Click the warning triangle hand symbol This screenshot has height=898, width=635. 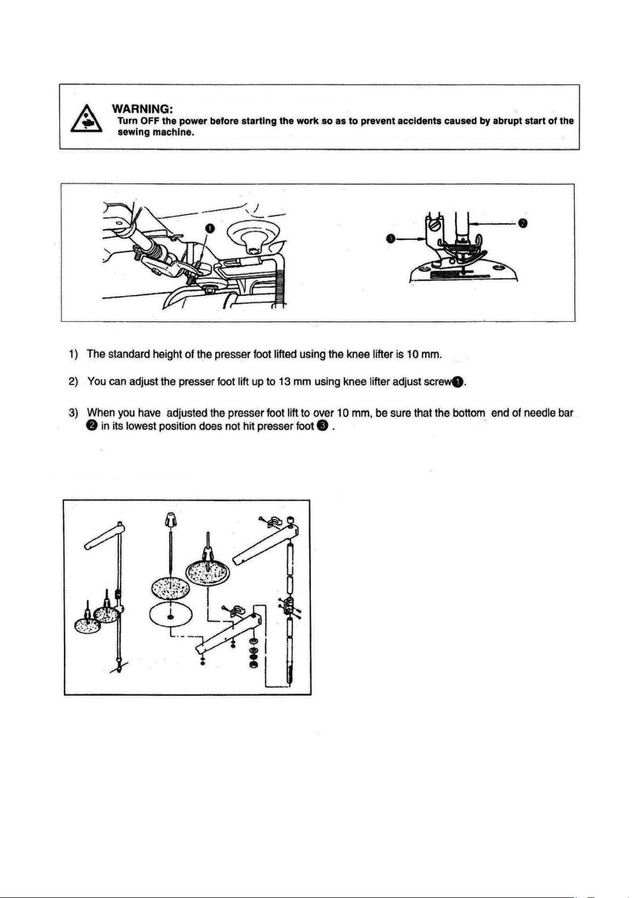coord(86,119)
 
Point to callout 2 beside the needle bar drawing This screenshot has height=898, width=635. coord(522,222)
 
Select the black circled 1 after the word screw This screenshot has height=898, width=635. coord(458,382)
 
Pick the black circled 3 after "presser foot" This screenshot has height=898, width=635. coord(322,426)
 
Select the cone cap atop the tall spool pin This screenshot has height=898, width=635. coord(170,520)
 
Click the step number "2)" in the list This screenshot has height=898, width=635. coord(73,381)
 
